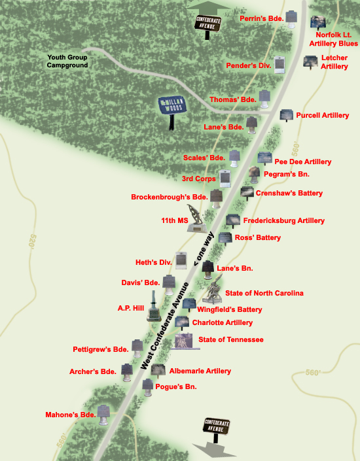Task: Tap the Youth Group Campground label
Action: [x=68, y=61]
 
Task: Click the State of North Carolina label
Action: [x=264, y=294]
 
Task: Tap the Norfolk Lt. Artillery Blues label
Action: [x=336, y=39]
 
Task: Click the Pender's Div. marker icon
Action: [x=281, y=65]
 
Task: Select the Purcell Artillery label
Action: [x=322, y=116]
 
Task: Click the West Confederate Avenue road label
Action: [x=165, y=328]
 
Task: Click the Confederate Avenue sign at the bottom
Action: [x=217, y=429]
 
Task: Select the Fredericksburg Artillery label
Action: [x=283, y=221]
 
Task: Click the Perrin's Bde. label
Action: [x=262, y=18]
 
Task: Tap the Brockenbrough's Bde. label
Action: [x=169, y=197]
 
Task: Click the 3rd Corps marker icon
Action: [x=226, y=178]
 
